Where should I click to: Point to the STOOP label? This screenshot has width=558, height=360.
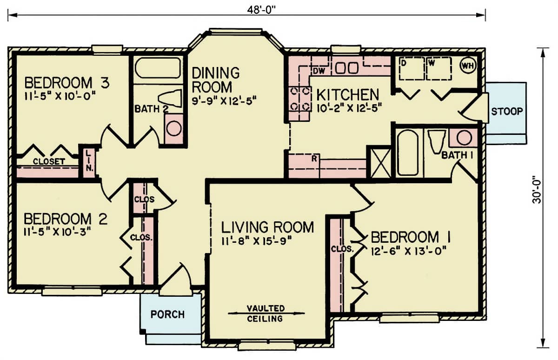[x=507, y=111]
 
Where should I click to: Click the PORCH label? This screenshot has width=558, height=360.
[x=167, y=314]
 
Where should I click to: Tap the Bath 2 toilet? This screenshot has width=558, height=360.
[x=170, y=99]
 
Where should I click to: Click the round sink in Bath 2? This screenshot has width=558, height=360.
[x=173, y=128]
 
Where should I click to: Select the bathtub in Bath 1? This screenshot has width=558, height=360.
[x=408, y=153]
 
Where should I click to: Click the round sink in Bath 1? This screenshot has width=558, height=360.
[x=464, y=138]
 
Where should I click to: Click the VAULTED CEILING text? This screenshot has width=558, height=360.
[x=266, y=313]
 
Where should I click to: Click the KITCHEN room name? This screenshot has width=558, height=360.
[x=347, y=94]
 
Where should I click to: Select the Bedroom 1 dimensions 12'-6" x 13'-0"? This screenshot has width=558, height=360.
[x=409, y=251]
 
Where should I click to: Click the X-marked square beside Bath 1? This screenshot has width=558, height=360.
[x=380, y=161]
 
